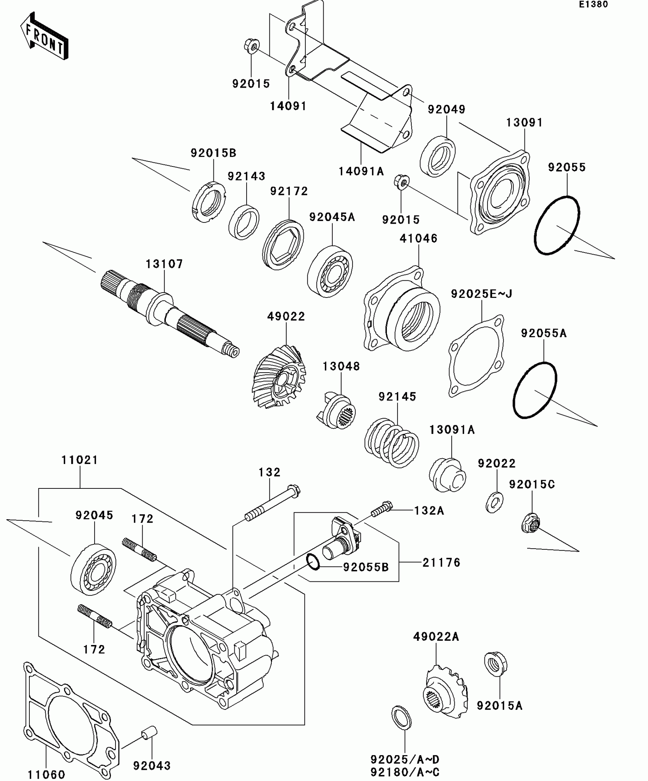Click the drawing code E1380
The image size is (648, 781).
[593, 5]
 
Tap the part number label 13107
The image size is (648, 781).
[164, 264]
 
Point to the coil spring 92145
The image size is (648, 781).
[391, 443]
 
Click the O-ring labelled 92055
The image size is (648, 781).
[557, 225]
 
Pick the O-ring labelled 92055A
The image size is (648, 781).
[535, 390]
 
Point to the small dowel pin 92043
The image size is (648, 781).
[149, 732]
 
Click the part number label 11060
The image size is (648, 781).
[47, 774]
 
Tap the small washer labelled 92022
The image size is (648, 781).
[494, 502]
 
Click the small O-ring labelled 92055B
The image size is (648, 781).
[313, 562]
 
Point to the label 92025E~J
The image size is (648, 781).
[481, 294]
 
